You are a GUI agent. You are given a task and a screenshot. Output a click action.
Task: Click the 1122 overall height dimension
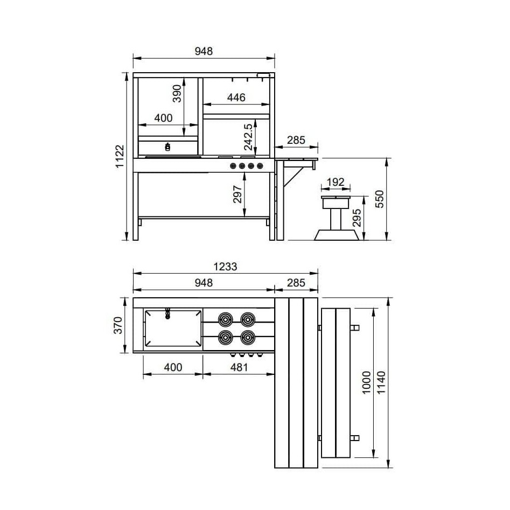(120, 156)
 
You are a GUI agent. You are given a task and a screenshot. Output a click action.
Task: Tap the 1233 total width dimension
(225, 267)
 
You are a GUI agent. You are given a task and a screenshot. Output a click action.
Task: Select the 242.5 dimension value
(248, 137)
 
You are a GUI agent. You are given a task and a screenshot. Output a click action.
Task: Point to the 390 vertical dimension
(177, 93)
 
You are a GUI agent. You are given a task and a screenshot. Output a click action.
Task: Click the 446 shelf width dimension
(236, 97)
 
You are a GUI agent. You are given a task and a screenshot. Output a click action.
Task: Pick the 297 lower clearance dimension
(237, 194)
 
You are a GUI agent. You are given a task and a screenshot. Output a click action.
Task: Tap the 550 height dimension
(380, 199)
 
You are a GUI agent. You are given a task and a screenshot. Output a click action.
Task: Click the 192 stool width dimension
(336, 182)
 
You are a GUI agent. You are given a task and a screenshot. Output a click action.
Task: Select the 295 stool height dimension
(357, 218)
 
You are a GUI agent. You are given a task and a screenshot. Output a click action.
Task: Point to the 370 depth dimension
(118, 325)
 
